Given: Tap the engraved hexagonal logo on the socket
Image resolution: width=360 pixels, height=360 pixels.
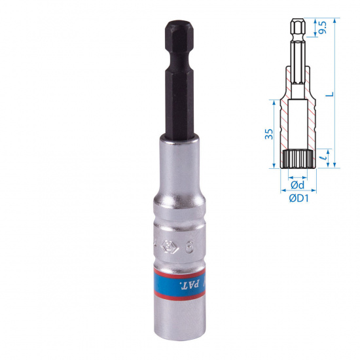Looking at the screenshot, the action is pos(168,247).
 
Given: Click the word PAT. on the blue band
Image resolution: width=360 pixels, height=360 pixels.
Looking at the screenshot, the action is pos(189,285).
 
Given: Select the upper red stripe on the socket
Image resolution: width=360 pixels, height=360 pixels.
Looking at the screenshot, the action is pos(179,273).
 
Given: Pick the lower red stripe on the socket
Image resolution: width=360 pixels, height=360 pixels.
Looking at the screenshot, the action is pos(179,296).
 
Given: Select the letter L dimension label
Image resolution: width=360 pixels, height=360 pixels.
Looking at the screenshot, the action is pos(329,94).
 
